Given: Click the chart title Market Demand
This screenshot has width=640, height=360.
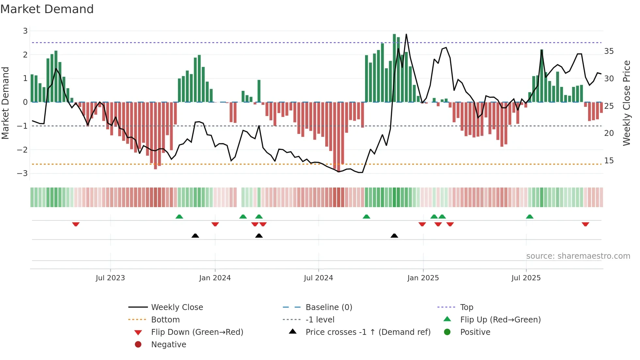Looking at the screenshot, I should [47, 9].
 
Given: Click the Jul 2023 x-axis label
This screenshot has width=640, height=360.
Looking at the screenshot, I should [110, 278].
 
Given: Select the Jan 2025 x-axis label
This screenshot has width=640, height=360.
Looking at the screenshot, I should [423, 278].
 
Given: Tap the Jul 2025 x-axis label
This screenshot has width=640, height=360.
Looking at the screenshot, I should [526, 278].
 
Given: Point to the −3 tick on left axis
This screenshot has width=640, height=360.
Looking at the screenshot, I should [23, 173].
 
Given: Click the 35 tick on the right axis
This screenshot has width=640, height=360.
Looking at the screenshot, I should [609, 51].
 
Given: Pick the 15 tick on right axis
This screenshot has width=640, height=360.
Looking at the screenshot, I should [609, 161].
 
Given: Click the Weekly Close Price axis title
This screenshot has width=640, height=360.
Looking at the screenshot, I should [626, 103].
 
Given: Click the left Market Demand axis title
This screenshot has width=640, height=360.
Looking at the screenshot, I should [5, 103].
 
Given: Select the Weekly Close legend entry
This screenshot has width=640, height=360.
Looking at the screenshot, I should [177, 307].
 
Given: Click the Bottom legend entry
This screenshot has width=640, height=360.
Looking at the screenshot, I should [165, 320].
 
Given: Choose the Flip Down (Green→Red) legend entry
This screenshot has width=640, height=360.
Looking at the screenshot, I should [197, 332].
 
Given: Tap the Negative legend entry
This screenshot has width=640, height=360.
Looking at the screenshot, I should [168, 345].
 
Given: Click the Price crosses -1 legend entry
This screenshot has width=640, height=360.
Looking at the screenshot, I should [368, 332].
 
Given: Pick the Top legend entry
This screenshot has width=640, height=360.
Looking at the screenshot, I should [466, 307].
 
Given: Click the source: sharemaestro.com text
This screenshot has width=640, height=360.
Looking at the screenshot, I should [578, 256].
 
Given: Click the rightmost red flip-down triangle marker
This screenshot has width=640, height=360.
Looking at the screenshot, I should [585, 224].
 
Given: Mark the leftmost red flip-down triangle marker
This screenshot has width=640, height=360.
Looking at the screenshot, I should [76, 224].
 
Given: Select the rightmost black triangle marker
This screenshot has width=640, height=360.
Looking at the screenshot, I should [394, 236].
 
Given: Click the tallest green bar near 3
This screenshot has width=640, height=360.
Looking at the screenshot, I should [394, 68].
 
